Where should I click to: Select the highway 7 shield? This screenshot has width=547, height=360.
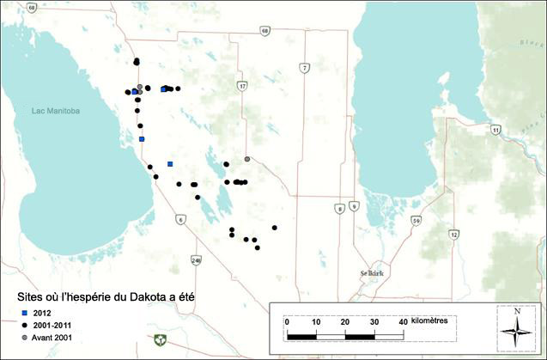point(304,67)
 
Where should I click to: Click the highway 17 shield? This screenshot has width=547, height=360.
point(243,86)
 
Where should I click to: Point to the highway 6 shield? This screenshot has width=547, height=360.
point(180,220)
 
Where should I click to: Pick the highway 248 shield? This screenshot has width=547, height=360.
point(197,259)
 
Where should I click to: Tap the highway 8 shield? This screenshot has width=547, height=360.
point(340,208)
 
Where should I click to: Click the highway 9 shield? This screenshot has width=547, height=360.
point(353,208)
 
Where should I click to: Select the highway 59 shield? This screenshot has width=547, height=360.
point(416,221)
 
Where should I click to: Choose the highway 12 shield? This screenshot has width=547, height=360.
point(453,234)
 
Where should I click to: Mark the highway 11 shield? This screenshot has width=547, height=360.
point(495,130)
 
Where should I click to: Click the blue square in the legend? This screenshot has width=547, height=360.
point(25,311)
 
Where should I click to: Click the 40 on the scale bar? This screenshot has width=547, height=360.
point(403,320)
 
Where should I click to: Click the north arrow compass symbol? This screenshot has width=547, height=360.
point(517,326)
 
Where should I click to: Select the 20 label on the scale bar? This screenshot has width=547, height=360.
point(344,320)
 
